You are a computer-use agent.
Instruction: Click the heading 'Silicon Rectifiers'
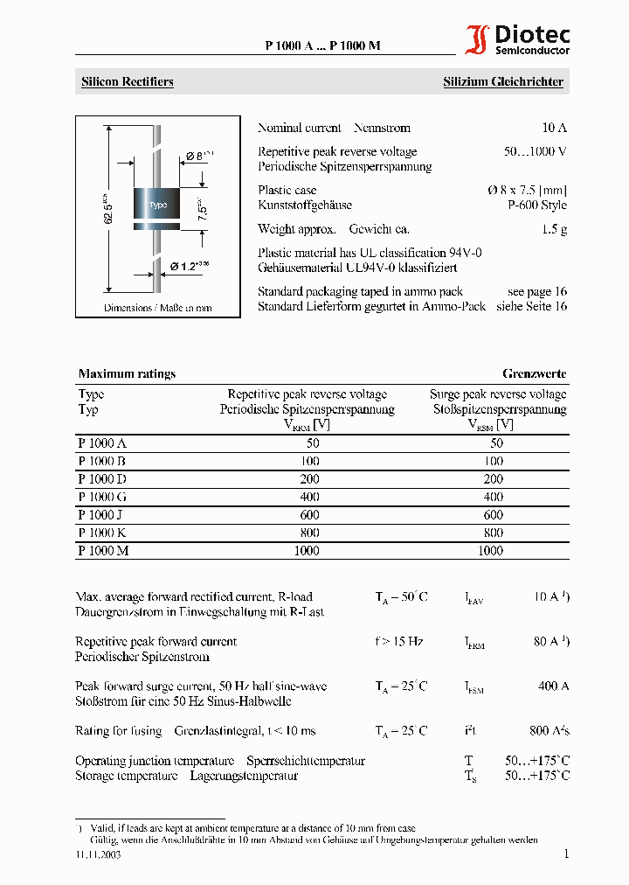128,82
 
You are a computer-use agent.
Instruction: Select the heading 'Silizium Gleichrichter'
502,82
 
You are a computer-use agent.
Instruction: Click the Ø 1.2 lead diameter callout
189,265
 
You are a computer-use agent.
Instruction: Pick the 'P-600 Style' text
537,206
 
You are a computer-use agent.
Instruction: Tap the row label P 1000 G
102,497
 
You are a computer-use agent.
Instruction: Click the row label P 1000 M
103,550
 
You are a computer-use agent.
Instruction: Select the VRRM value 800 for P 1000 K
307,533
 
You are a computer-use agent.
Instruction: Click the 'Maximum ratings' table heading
127,373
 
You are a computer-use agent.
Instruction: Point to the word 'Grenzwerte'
534,373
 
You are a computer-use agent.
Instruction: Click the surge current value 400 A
553,686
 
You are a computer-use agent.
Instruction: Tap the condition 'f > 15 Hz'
399,642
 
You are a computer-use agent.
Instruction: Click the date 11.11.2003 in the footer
98,855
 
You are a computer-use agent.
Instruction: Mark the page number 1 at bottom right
565,854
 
